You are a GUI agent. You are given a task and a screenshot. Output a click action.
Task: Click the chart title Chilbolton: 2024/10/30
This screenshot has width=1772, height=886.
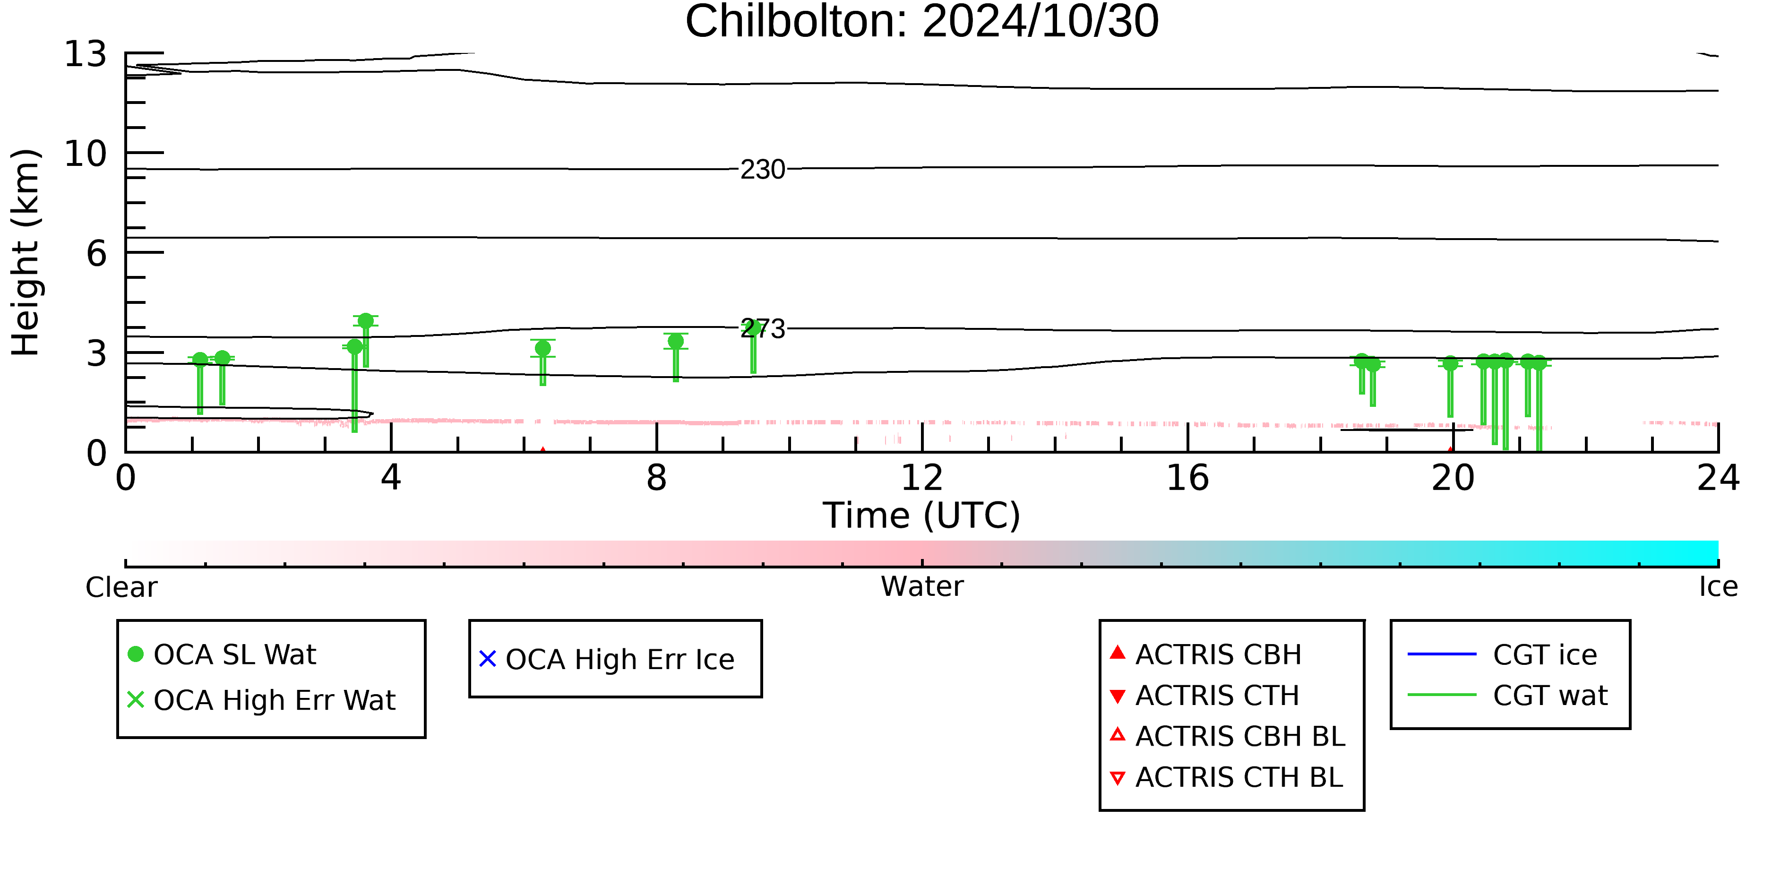pyautogui.click(x=922, y=22)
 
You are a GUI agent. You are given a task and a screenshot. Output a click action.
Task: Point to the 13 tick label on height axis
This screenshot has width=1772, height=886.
pyautogui.click(x=86, y=54)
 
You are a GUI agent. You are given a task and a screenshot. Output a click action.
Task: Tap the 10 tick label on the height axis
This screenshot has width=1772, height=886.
pyautogui.click(x=86, y=154)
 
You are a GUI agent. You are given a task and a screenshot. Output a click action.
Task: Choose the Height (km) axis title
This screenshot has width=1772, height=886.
pyautogui.click(x=26, y=252)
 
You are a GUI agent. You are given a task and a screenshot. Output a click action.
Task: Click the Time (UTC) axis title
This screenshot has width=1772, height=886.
pyautogui.click(x=922, y=515)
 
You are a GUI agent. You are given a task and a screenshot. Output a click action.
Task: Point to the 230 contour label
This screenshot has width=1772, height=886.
pyautogui.click(x=762, y=169)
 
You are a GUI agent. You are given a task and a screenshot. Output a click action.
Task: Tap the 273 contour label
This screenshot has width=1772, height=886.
pyautogui.click(x=762, y=329)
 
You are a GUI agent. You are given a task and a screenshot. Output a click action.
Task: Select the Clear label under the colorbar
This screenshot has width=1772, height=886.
pyautogui.click(x=121, y=587)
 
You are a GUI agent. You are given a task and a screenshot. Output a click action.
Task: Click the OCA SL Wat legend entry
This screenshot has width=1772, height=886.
pyautogui.click(x=222, y=654)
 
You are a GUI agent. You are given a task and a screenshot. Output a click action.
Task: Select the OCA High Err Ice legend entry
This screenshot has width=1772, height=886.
pyautogui.click(x=607, y=659)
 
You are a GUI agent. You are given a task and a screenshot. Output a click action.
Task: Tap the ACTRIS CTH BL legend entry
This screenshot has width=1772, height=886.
pyautogui.click(x=1227, y=777)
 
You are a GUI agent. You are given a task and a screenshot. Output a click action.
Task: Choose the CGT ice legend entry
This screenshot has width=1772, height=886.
pyautogui.click(x=1502, y=654)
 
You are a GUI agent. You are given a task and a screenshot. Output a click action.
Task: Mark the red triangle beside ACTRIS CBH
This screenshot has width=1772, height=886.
pyautogui.click(x=1118, y=652)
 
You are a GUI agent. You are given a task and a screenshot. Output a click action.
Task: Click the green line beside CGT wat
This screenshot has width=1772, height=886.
pyautogui.click(x=1442, y=695)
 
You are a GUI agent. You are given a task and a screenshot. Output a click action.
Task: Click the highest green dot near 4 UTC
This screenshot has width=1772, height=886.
pyautogui.click(x=366, y=320)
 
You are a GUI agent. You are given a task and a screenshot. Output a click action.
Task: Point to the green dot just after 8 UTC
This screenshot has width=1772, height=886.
pyautogui.click(x=676, y=341)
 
